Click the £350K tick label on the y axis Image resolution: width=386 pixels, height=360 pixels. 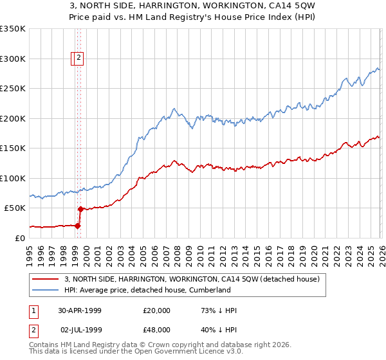tap(13, 29)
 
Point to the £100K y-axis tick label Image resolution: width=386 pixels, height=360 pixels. tap(13, 178)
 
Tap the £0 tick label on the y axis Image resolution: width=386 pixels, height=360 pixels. tap(19, 238)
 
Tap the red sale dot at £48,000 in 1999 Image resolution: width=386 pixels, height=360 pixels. tap(80, 209)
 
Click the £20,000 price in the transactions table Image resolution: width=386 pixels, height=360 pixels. tap(157, 310)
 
